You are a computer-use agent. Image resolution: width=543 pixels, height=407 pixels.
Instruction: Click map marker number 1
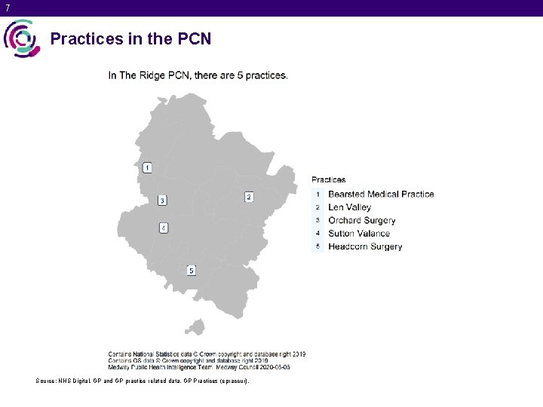tap(147, 167)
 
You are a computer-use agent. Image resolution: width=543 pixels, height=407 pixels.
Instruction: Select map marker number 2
tap(249, 197)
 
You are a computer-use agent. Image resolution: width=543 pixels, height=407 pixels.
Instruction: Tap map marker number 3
tap(162, 200)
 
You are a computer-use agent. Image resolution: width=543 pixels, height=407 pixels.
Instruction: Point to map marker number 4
tap(163, 228)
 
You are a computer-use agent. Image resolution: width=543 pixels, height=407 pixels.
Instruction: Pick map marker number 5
tap(192, 270)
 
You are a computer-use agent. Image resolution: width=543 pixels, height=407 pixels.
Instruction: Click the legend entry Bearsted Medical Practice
tap(381, 194)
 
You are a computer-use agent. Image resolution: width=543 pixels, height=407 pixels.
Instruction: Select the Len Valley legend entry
tap(349, 207)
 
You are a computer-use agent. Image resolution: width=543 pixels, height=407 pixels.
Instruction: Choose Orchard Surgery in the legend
tap(361, 220)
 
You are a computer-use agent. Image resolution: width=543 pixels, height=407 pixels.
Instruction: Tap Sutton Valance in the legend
tap(359, 234)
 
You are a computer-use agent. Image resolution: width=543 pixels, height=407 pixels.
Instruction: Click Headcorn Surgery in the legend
tap(365, 246)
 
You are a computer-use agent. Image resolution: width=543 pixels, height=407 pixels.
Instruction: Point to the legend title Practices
tap(329, 179)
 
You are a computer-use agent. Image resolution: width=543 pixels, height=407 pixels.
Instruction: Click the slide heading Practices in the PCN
tap(130, 38)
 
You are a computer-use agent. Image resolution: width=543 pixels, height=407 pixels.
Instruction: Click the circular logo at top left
tap(21, 38)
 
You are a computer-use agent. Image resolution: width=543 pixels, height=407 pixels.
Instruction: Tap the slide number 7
tap(8, 8)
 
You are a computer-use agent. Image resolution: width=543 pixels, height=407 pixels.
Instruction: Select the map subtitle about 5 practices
tap(198, 75)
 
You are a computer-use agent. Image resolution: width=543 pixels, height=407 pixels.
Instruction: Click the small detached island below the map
tap(196, 326)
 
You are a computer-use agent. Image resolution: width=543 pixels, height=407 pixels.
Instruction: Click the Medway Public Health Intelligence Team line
tap(199, 367)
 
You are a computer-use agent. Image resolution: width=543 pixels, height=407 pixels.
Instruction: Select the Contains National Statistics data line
tap(207, 353)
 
